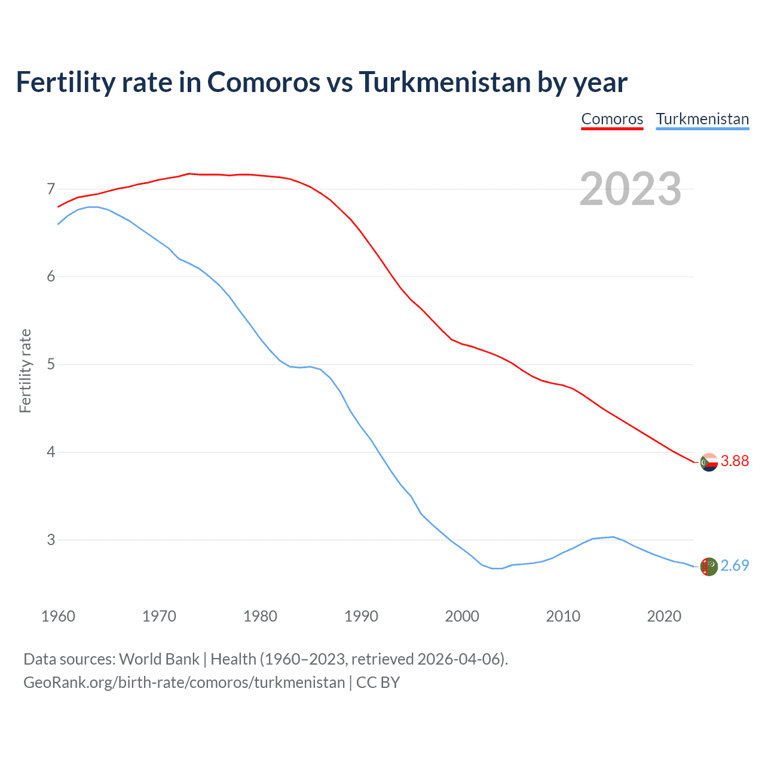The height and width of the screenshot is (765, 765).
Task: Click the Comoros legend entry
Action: pyautogui.click(x=612, y=119)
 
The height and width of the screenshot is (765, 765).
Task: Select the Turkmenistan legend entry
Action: pyautogui.click(x=702, y=119)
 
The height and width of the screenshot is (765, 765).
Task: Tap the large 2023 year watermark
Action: pyautogui.click(x=631, y=189)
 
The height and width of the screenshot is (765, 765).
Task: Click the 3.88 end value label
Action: pyautogui.click(x=735, y=461)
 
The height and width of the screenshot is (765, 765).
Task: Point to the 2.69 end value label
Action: pyautogui.click(x=735, y=565)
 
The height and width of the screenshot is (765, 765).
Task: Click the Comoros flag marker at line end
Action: pyautogui.click(x=709, y=462)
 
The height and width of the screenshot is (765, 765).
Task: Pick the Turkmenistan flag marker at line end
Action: pyautogui.click(x=709, y=567)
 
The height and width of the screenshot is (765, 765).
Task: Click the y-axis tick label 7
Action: pyautogui.click(x=51, y=189)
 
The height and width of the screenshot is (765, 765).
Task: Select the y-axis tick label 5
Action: pyautogui.click(x=51, y=365)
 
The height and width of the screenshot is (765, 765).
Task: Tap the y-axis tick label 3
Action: pyautogui.click(x=51, y=540)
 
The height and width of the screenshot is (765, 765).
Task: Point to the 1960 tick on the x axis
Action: pyautogui.click(x=58, y=616)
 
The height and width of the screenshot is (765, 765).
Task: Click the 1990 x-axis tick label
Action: pyautogui.click(x=361, y=616)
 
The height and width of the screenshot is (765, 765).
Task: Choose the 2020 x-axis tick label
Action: pyautogui.click(x=664, y=616)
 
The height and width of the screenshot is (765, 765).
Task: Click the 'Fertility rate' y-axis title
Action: pyautogui.click(x=25, y=371)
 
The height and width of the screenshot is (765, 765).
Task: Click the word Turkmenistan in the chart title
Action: pyautogui.click(x=445, y=82)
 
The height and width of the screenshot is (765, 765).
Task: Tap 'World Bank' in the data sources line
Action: pyautogui.click(x=159, y=659)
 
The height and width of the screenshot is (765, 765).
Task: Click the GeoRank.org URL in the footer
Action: pyautogui.click(x=184, y=683)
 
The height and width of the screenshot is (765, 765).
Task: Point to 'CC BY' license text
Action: pyautogui.click(x=378, y=683)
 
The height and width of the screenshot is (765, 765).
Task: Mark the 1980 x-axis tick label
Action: pyautogui.click(x=260, y=616)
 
